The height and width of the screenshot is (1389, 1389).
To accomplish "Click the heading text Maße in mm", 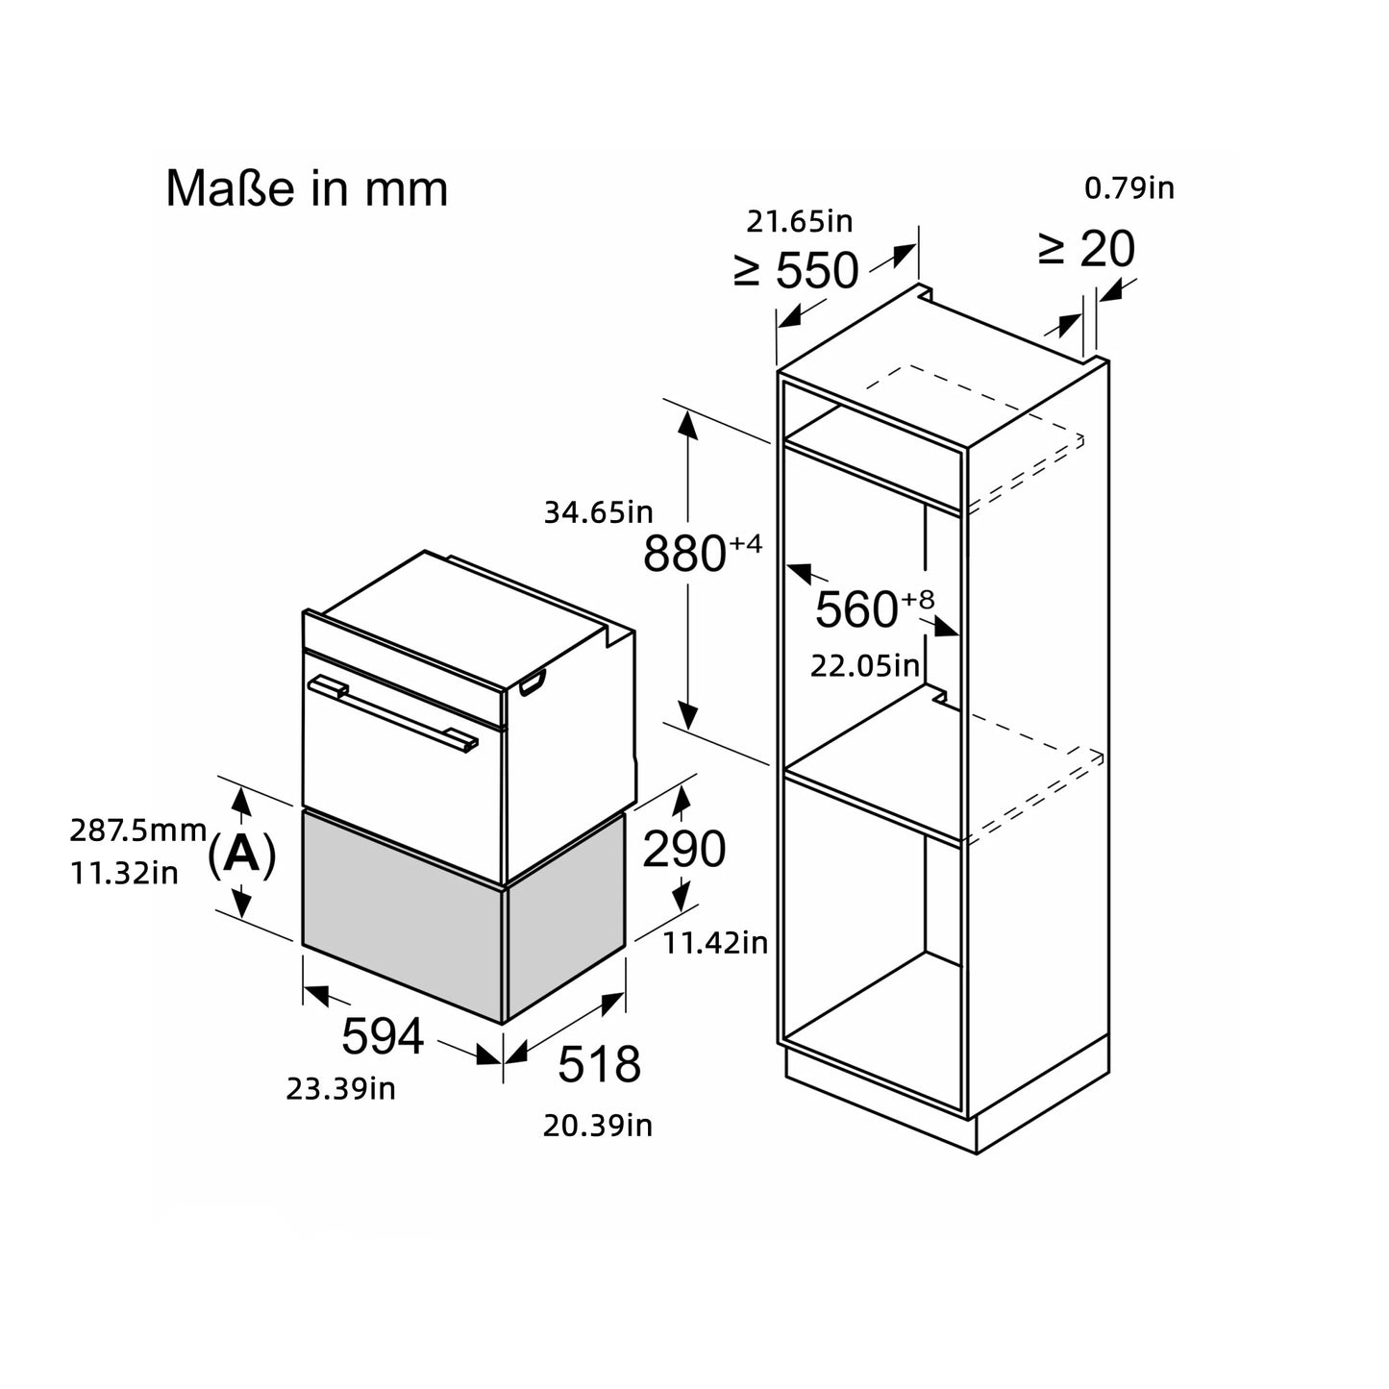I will click(x=307, y=189).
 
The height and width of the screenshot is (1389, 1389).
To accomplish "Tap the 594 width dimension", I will click(x=383, y=1036).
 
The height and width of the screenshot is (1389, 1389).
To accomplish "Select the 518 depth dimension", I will click(x=599, y=1064).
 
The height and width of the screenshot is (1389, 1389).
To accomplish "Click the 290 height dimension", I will click(x=683, y=850).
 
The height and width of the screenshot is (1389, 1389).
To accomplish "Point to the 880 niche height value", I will click(x=683, y=555).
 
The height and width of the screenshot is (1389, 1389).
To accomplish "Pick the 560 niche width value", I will click(x=856, y=609).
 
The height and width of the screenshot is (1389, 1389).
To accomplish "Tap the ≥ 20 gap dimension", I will click(x=1086, y=250).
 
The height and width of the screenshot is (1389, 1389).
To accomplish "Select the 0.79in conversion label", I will click(x=1129, y=188).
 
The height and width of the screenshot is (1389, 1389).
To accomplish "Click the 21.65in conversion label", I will click(x=800, y=222).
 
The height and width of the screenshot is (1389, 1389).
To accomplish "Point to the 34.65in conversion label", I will click(x=598, y=512).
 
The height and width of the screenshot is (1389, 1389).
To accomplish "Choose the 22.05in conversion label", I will click(x=865, y=665).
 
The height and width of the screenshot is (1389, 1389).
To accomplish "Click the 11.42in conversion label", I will click(x=716, y=943).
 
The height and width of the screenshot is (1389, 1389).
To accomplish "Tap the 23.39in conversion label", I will click(x=340, y=1089).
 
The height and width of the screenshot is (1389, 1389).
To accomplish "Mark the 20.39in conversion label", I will click(x=597, y=1126).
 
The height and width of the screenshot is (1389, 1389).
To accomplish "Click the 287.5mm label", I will click(x=137, y=829).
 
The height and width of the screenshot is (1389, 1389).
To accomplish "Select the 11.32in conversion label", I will click(x=124, y=874).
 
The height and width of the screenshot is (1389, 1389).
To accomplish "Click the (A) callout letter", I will click(x=241, y=854).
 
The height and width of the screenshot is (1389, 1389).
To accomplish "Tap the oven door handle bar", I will click(x=394, y=712).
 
